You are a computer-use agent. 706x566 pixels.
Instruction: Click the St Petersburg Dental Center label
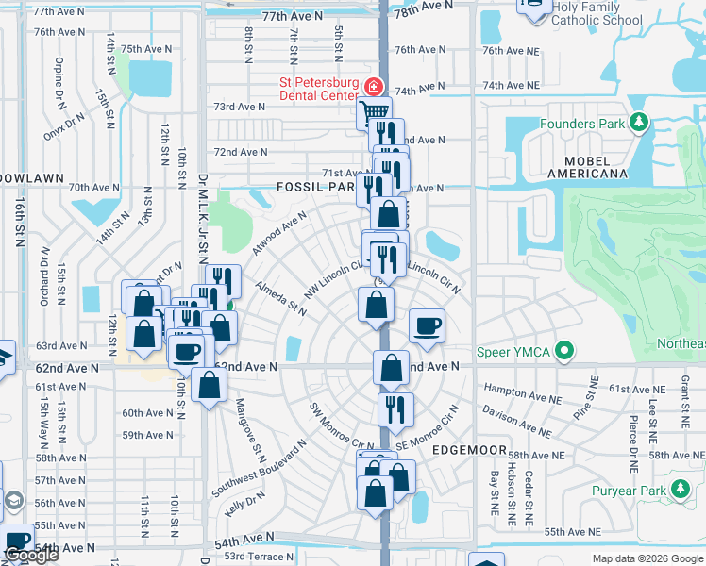[318, 89]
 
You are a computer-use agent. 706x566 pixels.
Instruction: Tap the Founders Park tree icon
[640, 123]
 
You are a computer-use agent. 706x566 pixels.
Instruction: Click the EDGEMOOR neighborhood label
[470, 451]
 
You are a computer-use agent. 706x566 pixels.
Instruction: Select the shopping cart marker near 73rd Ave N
[375, 113]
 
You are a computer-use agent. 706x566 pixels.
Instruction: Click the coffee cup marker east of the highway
[427, 325]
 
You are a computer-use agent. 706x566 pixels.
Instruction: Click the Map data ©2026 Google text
[647, 558]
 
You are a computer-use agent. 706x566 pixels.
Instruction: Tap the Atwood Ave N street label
[279, 233]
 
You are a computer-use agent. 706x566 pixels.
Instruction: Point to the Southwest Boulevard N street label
[259, 469]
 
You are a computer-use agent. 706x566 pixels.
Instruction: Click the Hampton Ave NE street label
[514, 389]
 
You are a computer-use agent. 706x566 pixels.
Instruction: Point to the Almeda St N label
[280, 295]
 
